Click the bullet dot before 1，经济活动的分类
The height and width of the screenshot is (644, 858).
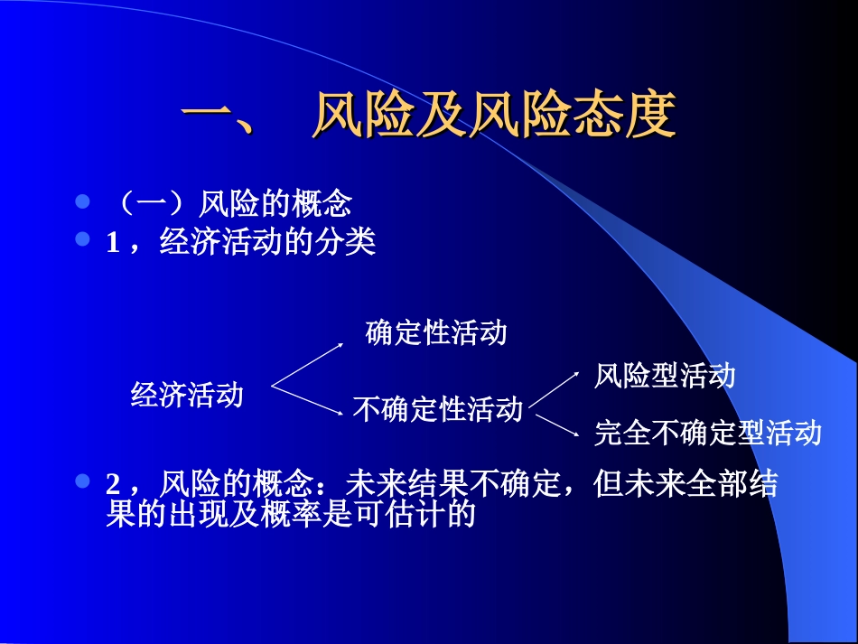click(x=83, y=239)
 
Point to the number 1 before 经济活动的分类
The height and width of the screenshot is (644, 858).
click(x=112, y=243)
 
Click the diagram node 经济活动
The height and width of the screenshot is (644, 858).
click(x=187, y=395)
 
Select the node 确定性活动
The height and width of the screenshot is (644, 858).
click(x=436, y=332)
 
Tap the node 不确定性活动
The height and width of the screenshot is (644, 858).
click(x=437, y=409)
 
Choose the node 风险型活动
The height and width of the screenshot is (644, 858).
click(x=665, y=375)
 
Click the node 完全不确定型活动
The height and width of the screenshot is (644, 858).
click(x=707, y=433)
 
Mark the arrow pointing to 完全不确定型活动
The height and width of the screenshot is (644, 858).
click(x=554, y=424)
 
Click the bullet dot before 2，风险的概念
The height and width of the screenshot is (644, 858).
click(x=83, y=481)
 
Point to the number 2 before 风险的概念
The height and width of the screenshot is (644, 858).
click(x=112, y=485)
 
